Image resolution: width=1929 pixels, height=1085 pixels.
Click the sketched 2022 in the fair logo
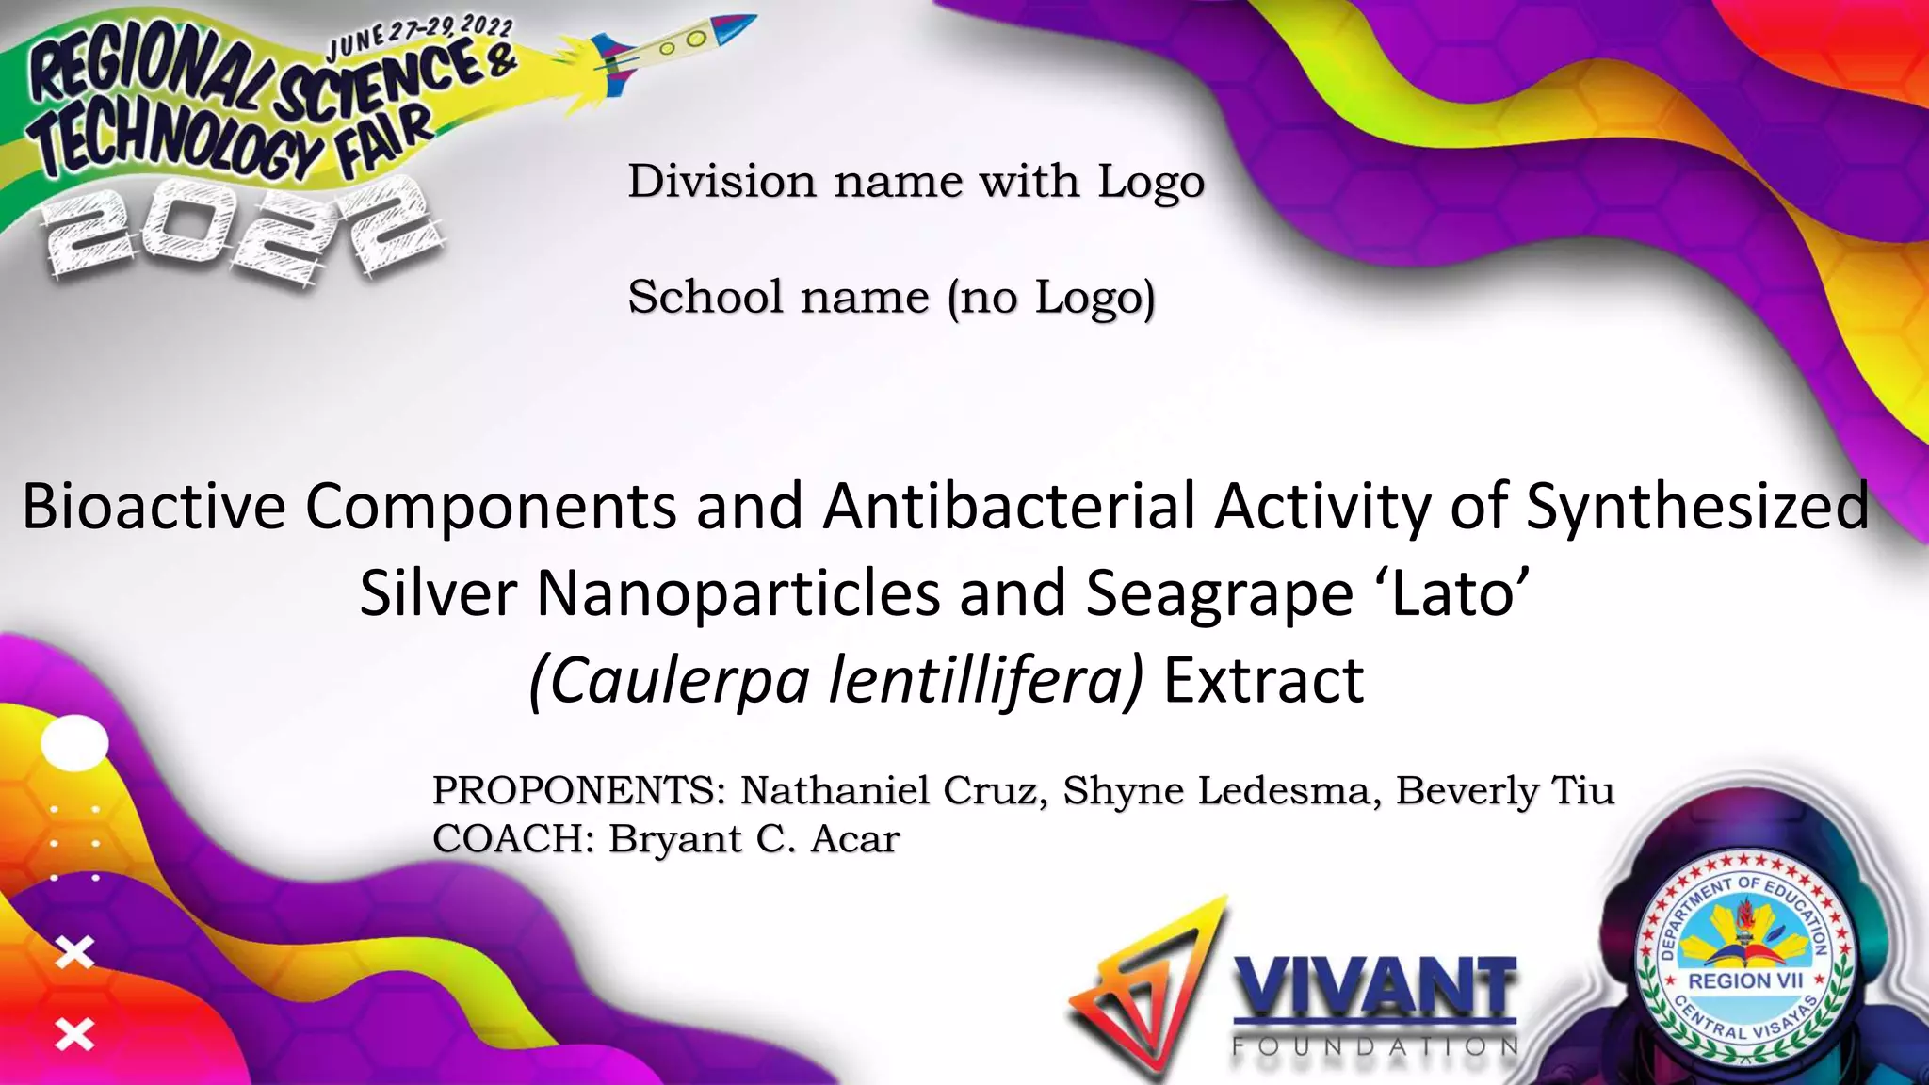point(240,231)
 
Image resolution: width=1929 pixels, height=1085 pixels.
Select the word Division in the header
point(721,181)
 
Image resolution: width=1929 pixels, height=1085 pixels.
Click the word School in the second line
point(705,297)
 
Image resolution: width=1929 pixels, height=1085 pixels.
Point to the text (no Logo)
point(1051,299)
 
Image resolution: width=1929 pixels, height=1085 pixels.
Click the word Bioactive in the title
point(154,507)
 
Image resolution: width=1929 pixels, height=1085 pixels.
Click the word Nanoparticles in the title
point(738,593)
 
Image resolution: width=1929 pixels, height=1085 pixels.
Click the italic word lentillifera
point(985,681)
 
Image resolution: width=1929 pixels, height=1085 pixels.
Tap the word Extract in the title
point(1263,681)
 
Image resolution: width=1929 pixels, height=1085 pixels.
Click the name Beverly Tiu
point(1504,790)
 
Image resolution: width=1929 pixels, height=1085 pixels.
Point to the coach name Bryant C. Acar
point(754,838)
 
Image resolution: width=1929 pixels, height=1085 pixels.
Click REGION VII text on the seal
point(1745,980)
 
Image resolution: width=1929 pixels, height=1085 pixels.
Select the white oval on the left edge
point(75,743)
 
